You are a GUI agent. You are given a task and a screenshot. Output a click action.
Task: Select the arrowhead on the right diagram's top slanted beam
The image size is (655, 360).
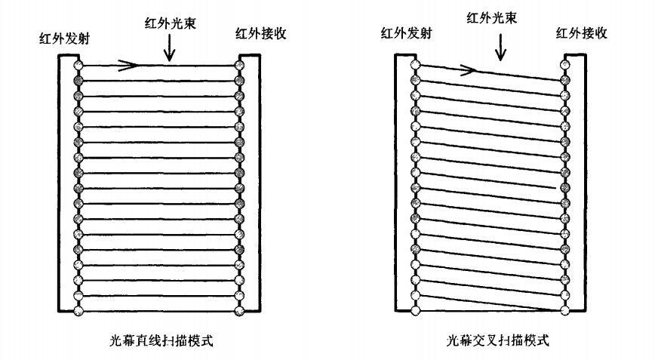(x=468, y=70)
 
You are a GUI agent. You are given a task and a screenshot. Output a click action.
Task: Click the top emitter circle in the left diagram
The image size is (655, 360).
(x=78, y=66)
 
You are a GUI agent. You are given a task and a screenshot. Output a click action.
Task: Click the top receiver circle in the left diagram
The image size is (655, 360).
(x=240, y=66)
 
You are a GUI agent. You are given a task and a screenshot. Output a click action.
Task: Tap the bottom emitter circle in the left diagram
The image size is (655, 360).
(x=78, y=309)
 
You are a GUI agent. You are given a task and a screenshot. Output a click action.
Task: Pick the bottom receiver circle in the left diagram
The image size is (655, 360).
(x=240, y=309)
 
